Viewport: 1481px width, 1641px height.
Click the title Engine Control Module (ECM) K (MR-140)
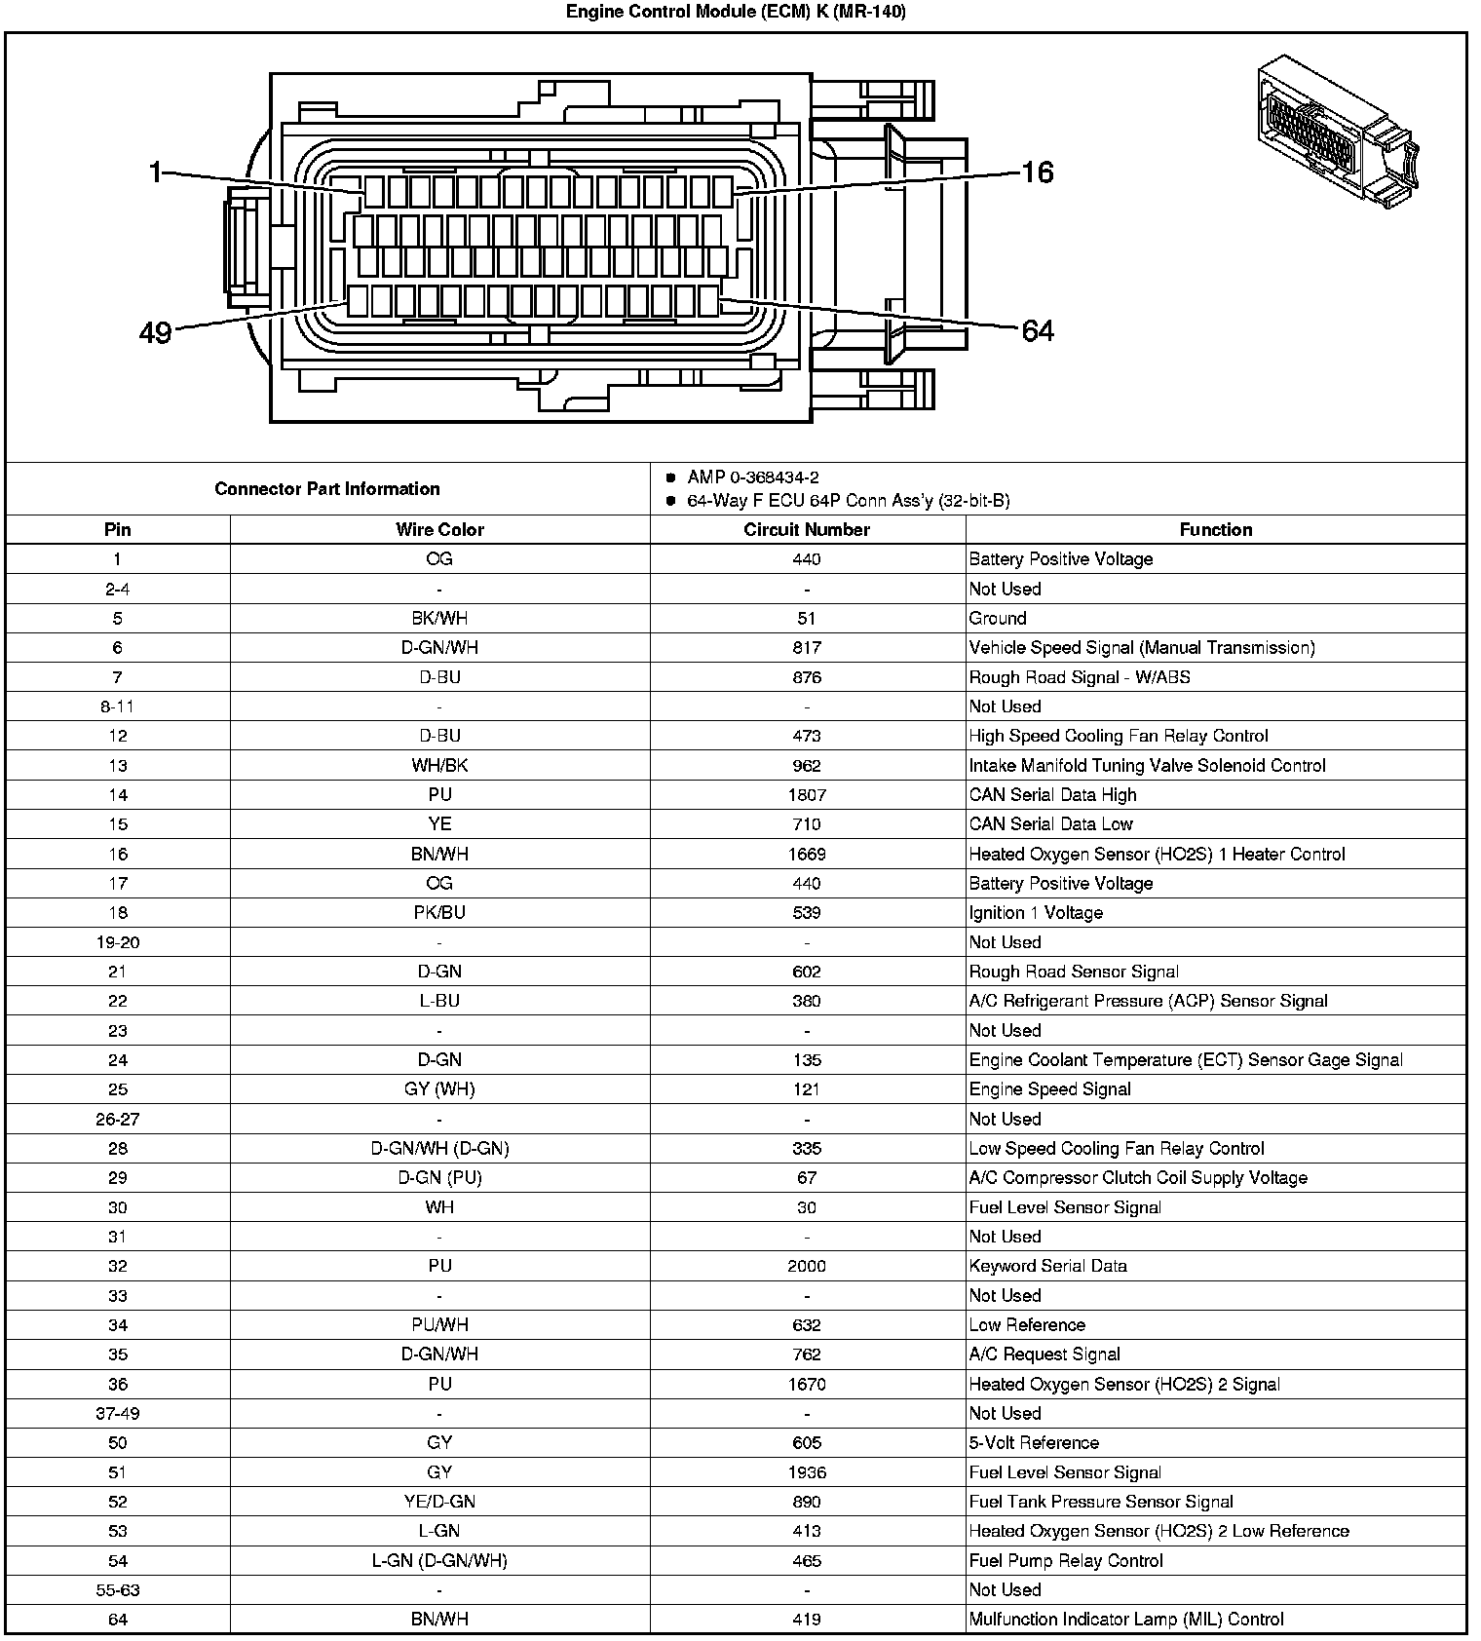(x=736, y=12)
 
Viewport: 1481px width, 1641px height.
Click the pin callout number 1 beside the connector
(x=155, y=172)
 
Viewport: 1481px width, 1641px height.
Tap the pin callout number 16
(x=1038, y=172)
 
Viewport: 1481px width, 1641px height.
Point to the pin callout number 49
(x=155, y=333)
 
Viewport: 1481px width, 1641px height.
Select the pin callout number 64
(x=1038, y=331)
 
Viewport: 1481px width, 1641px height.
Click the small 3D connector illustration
(x=1337, y=131)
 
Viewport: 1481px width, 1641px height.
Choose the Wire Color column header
(x=439, y=530)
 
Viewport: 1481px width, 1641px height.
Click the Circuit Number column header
(x=806, y=530)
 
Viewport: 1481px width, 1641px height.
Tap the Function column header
(x=1215, y=530)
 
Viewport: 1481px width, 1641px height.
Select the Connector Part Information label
(x=326, y=489)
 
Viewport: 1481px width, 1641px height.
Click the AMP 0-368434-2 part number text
(x=752, y=477)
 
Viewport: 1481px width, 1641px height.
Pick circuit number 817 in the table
(x=807, y=648)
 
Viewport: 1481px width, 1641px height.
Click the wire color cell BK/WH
(x=439, y=619)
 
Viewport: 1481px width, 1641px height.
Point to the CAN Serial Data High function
(x=1052, y=795)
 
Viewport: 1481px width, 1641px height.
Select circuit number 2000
(x=807, y=1267)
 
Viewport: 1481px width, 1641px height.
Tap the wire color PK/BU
(x=439, y=913)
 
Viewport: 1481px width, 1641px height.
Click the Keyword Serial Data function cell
(x=1047, y=1267)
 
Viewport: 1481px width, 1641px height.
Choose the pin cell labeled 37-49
(x=118, y=1414)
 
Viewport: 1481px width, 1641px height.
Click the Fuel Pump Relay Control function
(x=1066, y=1561)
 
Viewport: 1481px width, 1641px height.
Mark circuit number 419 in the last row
(x=807, y=1620)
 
